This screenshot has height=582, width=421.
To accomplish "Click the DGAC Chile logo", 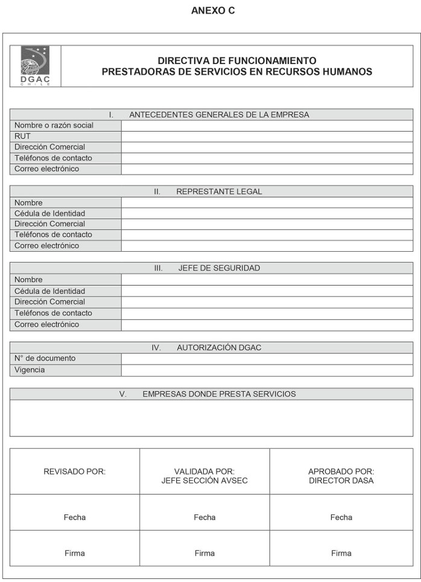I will pos(36,66).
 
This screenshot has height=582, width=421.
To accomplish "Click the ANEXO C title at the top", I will pos(212,11).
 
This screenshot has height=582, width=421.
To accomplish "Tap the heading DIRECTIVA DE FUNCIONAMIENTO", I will pos(236,60).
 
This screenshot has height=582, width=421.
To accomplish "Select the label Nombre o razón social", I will pos(54,126).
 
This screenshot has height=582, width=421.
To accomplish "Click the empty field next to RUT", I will pos(267,136).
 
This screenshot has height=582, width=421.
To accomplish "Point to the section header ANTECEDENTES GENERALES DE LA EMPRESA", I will pos(219,115).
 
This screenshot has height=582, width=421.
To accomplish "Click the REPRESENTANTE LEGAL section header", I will pos(219,191).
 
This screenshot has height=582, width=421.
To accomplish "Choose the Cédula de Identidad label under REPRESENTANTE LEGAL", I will pos(49,213).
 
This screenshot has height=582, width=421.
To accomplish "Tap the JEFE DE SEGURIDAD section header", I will pos(219,268).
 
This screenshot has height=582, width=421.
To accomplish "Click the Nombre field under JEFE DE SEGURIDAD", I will pos(267,280).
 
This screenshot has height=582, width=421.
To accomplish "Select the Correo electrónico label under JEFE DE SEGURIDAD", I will pos(46,324).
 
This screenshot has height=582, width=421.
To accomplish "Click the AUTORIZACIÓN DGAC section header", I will pos(219,348).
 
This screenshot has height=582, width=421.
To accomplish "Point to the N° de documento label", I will pos(45,359).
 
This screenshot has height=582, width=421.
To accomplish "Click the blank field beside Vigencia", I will pos(267,370).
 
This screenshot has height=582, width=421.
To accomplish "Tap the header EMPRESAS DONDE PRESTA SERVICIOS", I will pos(219,394).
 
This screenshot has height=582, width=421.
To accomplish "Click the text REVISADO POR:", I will pos(74,472).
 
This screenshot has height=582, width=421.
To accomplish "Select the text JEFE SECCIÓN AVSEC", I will pos(204,481).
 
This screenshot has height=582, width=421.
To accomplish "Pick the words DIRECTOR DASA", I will pos(341,481).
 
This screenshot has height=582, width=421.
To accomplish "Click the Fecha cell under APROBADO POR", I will pos(341,517).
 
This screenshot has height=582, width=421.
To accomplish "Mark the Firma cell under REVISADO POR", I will pos(74,553).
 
